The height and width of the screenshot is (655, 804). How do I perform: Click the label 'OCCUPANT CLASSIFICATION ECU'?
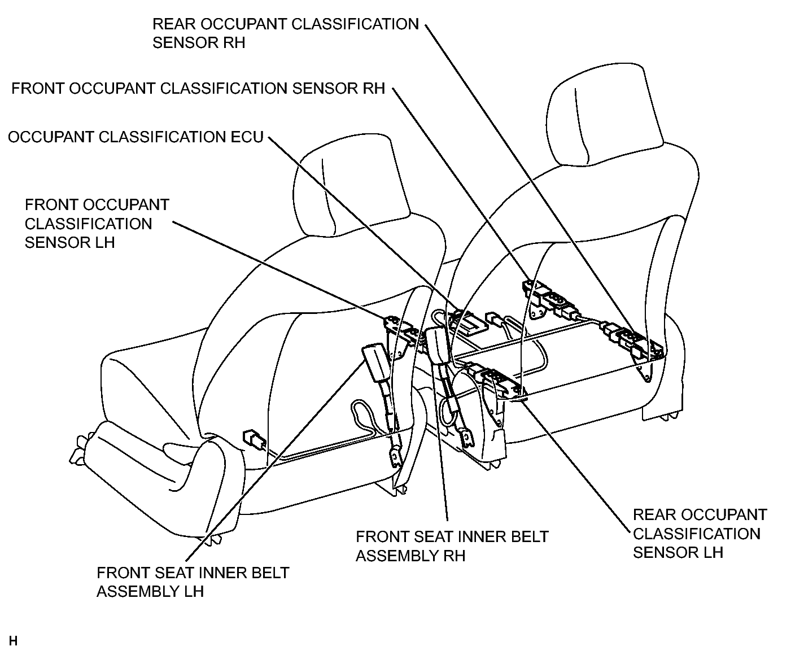136,137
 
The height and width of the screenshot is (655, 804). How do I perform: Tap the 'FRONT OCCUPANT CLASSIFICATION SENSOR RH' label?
198,88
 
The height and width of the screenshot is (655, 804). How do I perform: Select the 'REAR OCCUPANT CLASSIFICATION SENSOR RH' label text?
286,33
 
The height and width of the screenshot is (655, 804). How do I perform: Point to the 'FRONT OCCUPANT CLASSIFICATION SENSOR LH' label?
97,224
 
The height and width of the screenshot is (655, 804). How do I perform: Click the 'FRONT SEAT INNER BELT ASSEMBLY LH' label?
193,582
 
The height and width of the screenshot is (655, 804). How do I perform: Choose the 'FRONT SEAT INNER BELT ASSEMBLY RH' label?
452,546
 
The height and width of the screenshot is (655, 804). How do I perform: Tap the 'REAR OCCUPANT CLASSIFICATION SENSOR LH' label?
700,534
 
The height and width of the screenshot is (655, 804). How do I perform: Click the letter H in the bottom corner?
13,641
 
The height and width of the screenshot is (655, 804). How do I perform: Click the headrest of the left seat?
351,185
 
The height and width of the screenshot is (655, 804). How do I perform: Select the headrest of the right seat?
604,115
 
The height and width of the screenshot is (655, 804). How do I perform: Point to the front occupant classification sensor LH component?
402,332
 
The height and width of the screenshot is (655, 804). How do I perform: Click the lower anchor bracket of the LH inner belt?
396,457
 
